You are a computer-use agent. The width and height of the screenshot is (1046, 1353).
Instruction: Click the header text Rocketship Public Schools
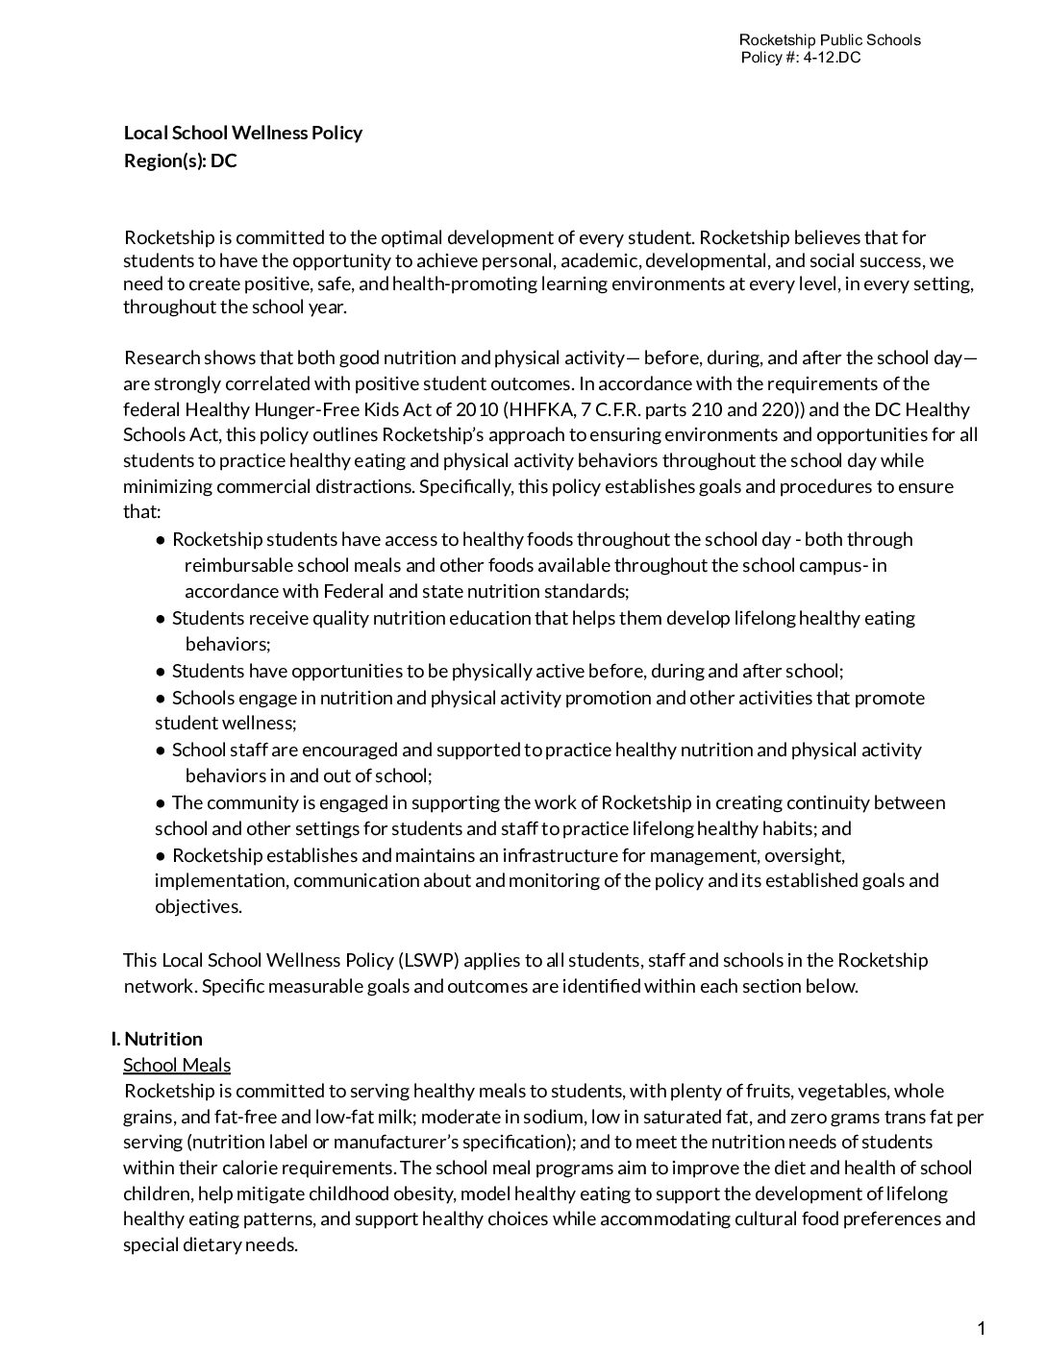829,39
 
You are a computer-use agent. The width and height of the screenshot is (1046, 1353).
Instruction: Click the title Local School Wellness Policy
243,133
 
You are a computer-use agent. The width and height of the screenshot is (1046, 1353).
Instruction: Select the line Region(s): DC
181,160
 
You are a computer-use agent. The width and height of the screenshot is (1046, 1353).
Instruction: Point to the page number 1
981,1329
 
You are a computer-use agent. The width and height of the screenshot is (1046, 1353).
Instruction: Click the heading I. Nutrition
157,1039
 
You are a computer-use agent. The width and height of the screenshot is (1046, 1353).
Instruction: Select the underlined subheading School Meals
177,1065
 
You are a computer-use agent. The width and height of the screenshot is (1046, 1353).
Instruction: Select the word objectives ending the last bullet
197,906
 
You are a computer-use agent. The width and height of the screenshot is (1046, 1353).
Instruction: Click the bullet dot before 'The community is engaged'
161,802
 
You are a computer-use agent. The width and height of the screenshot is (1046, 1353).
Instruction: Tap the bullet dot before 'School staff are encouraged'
161,750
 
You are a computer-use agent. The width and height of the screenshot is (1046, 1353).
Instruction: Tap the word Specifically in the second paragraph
465,486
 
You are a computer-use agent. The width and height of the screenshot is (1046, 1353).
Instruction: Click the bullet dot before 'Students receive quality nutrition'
161,618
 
